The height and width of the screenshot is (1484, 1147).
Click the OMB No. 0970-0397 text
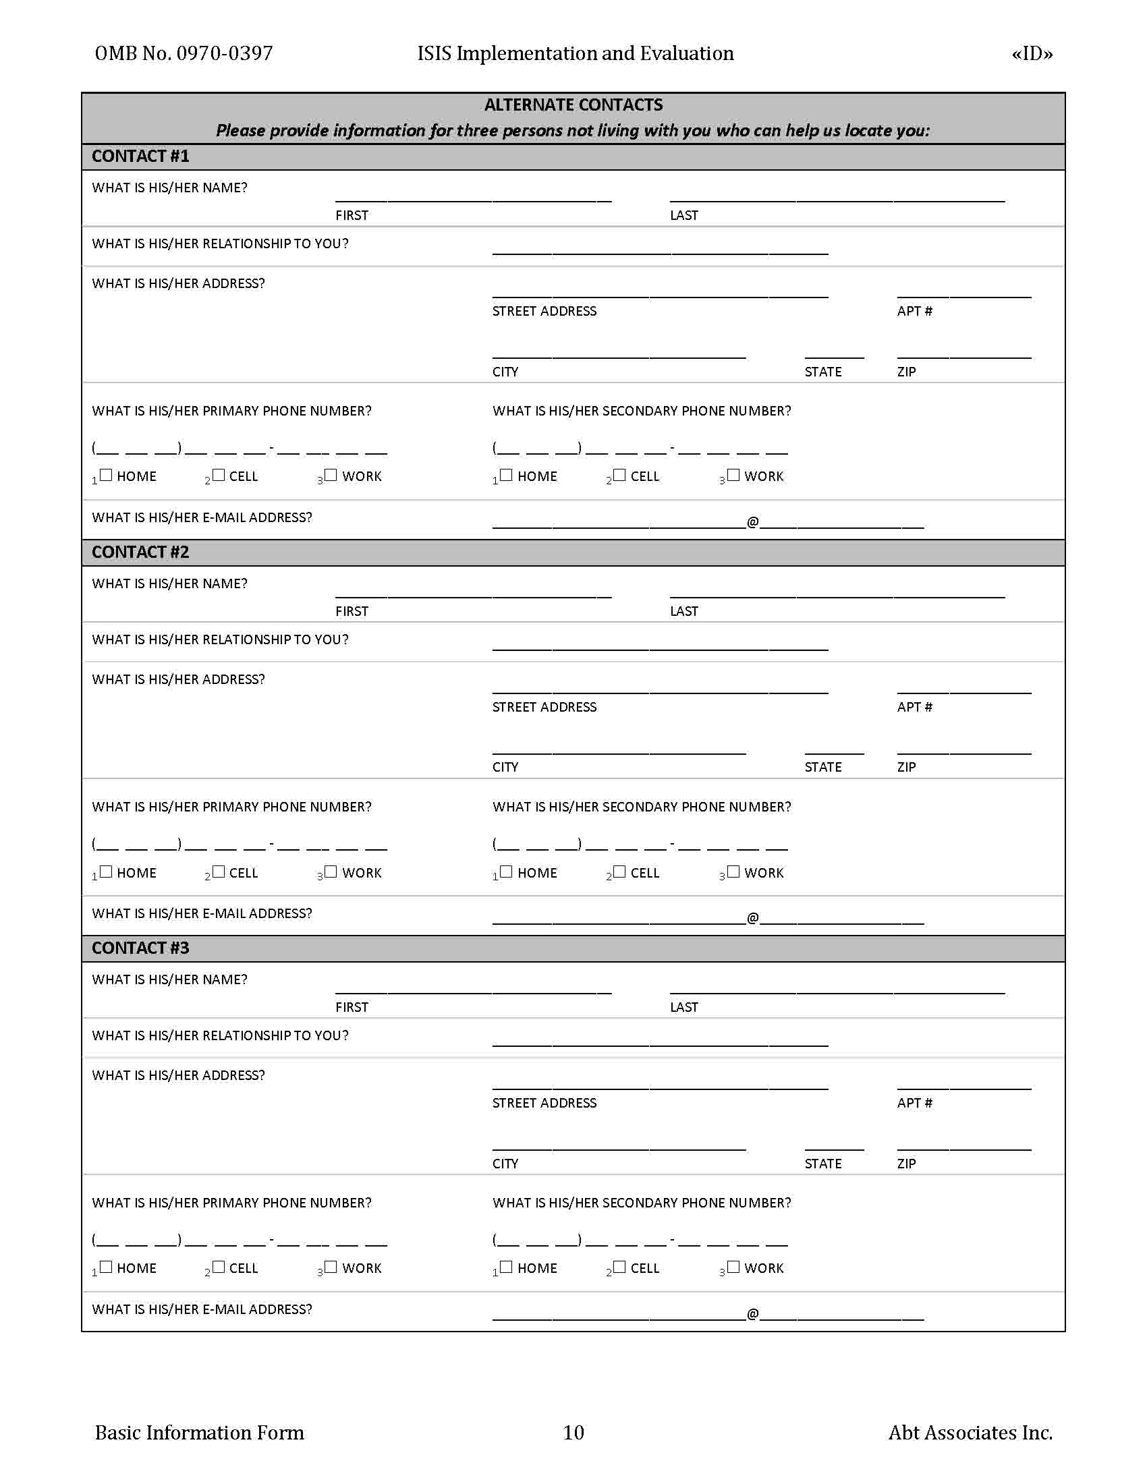[x=184, y=54]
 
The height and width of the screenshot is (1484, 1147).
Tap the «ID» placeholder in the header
[x=1032, y=54]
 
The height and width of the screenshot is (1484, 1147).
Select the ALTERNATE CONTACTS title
[x=573, y=105]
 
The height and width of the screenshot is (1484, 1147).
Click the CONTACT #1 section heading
[x=140, y=156]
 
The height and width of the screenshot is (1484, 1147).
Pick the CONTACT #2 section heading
[x=140, y=552]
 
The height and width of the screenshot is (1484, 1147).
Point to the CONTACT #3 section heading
[x=140, y=948]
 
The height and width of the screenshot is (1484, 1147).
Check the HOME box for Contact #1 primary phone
[x=106, y=475]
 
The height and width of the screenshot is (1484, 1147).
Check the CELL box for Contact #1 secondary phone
[x=619, y=475]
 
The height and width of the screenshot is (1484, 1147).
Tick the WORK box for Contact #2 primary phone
[x=331, y=871]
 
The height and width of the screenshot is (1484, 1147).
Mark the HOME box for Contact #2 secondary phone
[x=506, y=871]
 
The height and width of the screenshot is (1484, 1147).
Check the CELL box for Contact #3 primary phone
[x=218, y=1267]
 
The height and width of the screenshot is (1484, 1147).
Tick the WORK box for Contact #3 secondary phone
[x=733, y=1267]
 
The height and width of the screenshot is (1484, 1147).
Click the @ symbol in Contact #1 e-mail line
[x=753, y=522]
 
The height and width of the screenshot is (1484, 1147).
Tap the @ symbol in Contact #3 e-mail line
[x=753, y=1313]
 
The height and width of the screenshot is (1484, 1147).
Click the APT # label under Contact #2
[x=914, y=707]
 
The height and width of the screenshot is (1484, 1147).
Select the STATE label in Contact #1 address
[x=823, y=372]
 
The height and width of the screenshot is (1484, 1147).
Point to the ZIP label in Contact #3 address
[x=906, y=1164]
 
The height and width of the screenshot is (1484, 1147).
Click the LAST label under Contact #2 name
[x=683, y=612]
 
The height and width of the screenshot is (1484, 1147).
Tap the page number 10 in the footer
[x=573, y=1432]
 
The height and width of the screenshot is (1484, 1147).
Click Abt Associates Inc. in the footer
[x=970, y=1432]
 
